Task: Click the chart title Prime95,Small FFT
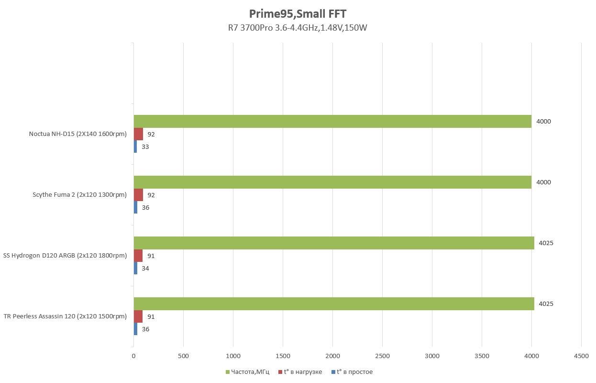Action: click(297, 13)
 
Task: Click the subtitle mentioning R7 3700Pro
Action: click(297, 28)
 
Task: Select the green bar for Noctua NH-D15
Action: click(332, 121)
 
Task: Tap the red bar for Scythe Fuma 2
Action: click(138, 195)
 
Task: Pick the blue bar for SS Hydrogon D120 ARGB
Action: click(135, 268)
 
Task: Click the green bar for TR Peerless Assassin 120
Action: click(333, 304)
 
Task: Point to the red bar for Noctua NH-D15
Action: click(138, 134)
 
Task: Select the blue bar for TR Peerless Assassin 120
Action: click(135, 329)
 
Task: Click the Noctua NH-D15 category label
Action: click(77, 134)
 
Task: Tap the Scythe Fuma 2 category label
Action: click(79, 195)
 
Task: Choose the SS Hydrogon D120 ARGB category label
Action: click(65, 256)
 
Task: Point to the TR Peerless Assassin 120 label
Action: click(65, 316)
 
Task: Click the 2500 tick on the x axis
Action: click(382, 356)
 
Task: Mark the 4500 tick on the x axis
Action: click(581, 356)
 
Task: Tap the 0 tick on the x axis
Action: click(133, 356)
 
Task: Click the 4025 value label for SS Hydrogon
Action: click(546, 243)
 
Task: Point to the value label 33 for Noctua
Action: click(145, 147)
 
